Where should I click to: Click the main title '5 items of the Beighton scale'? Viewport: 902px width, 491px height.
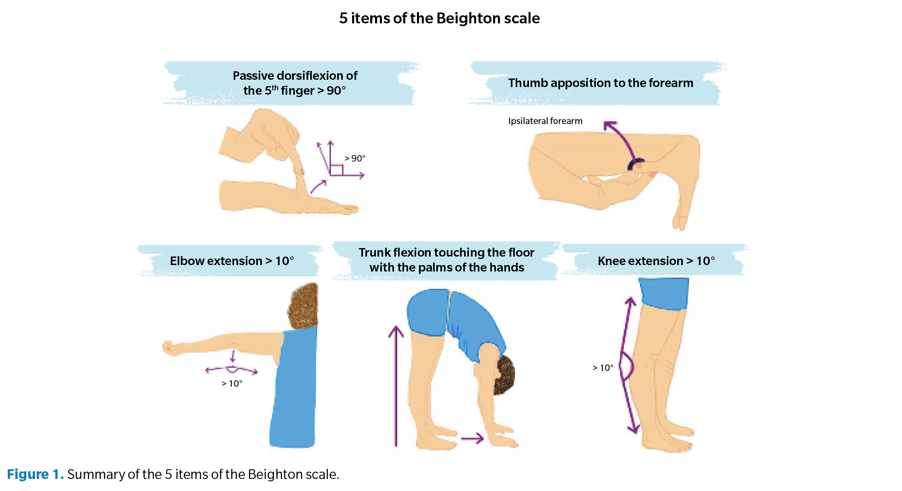pyautogui.click(x=439, y=19)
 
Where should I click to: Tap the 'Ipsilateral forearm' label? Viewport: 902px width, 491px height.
pyautogui.click(x=545, y=121)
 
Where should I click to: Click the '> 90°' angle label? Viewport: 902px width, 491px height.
pyautogui.click(x=355, y=158)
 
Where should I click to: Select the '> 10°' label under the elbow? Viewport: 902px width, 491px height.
pyautogui.click(x=232, y=383)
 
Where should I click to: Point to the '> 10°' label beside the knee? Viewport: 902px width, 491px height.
pyautogui.click(x=603, y=368)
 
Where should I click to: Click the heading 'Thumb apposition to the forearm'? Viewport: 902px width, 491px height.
pyautogui.click(x=600, y=83)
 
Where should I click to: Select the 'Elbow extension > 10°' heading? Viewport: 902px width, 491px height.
pyautogui.click(x=232, y=261)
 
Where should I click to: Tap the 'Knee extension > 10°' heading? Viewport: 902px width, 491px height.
pyautogui.click(x=656, y=261)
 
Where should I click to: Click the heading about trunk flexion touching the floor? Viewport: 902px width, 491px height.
pyautogui.click(x=446, y=260)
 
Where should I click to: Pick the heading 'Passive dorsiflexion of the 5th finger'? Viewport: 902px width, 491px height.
pyautogui.click(x=295, y=83)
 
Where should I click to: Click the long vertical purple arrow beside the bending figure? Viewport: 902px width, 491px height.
pyautogui.click(x=396, y=387)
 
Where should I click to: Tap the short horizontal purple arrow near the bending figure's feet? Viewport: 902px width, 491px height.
pyautogui.click(x=472, y=438)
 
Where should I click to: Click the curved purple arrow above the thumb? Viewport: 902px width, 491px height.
pyautogui.click(x=620, y=139)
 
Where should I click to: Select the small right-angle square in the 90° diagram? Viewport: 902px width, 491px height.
pyautogui.click(x=336, y=170)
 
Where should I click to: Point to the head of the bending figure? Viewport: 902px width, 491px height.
pyautogui.click(x=504, y=375)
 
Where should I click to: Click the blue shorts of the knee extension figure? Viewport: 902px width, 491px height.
pyautogui.click(x=664, y=293)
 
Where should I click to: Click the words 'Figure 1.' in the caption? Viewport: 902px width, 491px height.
pyautogui.click(x=35, y=474)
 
